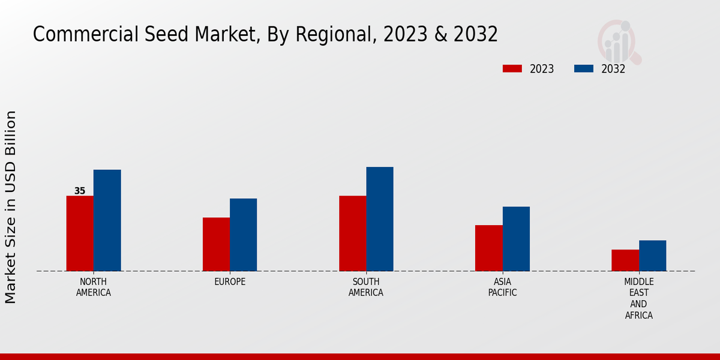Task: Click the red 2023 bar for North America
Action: click(80, 233)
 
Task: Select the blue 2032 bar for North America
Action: click(107, 220)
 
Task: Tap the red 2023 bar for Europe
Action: click(216, 244)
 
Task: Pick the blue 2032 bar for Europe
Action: click(243, 235)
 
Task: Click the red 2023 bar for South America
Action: click(352, 233)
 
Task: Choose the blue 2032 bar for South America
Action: click(380, 219)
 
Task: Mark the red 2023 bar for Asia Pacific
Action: click(488, 248)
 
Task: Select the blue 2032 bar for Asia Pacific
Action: click(516, 239)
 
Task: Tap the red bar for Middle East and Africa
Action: click(625, 260)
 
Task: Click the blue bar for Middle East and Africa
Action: click(652, 256)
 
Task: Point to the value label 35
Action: click(80, 191)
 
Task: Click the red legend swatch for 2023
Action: click(512, 68)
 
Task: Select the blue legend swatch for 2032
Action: click(583, 68)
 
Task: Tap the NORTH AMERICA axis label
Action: click(94, 287)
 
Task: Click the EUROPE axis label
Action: click(230, 281)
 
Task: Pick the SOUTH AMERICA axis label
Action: click(366, 287)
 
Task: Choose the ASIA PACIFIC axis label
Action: click(502, 287)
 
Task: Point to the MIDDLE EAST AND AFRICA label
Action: click(638, 298)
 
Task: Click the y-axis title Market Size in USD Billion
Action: click(11, 207)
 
